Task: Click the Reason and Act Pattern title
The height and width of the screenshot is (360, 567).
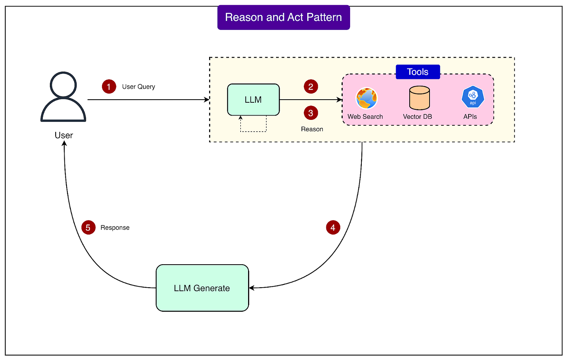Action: click(283, 17)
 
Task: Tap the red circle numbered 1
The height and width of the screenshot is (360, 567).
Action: click(109, 86)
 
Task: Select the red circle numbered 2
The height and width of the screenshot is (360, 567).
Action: click(311, 86)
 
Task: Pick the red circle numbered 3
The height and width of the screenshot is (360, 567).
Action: click(311, 113)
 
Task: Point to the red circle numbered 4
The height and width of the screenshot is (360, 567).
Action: click(333, 227)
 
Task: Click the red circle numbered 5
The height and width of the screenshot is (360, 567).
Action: click(88, 227)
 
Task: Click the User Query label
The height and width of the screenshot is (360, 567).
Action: click(139, 87)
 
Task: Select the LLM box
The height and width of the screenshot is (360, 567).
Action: click(253, 100)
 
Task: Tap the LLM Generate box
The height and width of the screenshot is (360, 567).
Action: click(202, 288)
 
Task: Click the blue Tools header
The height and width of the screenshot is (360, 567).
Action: click(417, 72)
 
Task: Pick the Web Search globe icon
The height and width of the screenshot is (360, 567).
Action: click(366, 98)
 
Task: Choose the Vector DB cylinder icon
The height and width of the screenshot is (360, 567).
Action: click(419, 98)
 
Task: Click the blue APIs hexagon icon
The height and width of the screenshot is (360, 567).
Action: click(473, 97)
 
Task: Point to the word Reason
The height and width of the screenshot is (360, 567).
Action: click(312, 129)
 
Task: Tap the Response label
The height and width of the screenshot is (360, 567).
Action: click(115, 228)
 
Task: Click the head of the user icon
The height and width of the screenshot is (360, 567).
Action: click(63, 84)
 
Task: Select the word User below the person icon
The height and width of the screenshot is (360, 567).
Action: click(64, 135)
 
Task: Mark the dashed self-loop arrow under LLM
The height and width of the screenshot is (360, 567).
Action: click(254, 131)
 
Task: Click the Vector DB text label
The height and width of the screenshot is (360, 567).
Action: click(417, 117)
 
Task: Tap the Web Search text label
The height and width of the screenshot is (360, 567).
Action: click(365, 117)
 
